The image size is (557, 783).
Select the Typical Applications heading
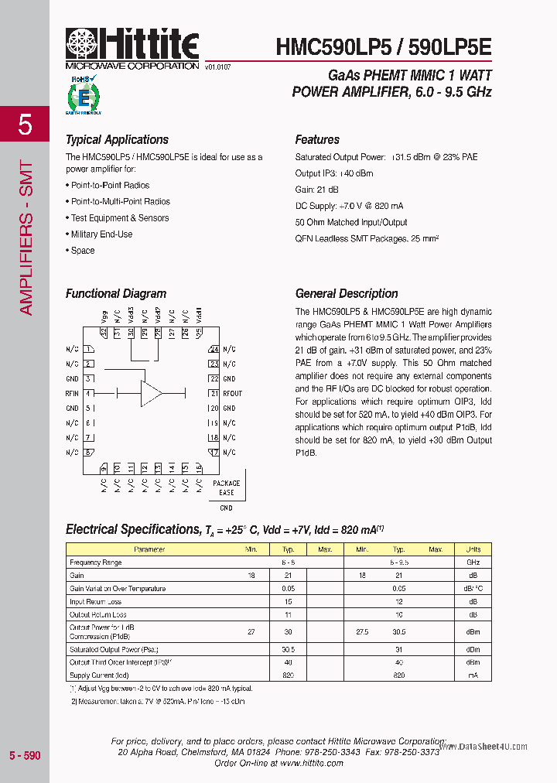(117, 140)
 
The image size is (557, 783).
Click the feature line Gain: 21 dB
(316, 190)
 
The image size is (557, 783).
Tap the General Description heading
(347, 294)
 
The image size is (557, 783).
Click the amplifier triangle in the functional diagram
(150, 393)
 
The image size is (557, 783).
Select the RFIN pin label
(72, 394)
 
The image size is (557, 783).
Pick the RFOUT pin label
(232, 394)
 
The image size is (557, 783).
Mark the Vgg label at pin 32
(104, 316)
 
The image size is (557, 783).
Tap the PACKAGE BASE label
(226, 488)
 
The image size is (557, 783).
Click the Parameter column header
(149, 549)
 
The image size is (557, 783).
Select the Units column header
(473, 549)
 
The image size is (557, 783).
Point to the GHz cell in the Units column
(473, 562)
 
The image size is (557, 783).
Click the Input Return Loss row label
(95, 602)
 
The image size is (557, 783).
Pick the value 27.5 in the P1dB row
(362, 632)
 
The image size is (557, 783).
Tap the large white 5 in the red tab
(25, 125)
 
